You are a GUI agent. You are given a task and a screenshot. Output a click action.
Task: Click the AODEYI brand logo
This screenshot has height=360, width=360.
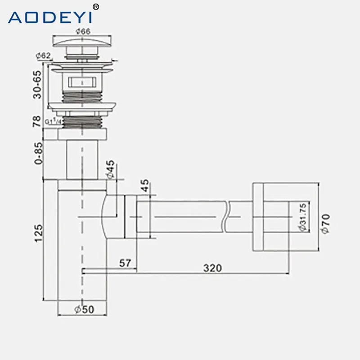point(50,17)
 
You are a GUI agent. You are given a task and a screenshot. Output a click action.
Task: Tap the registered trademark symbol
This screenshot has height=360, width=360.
point(96,7)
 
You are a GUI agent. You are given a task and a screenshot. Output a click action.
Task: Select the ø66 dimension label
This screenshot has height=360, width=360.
point(83,31)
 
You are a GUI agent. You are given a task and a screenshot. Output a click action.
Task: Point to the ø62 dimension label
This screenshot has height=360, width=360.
point(43,55)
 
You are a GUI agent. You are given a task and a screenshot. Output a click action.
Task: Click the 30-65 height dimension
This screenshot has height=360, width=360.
point(37,85)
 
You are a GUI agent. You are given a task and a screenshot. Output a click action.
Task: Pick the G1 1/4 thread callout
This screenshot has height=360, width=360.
point(53,121)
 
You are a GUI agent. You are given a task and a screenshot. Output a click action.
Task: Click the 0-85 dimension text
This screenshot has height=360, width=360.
point(38,153)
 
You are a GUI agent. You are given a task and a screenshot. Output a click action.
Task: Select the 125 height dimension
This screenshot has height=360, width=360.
point(38,233)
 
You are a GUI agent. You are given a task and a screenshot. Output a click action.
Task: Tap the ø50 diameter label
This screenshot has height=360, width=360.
point(84,310)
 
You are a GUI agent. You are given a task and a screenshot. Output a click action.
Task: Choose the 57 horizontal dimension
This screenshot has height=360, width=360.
point(125,263)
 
